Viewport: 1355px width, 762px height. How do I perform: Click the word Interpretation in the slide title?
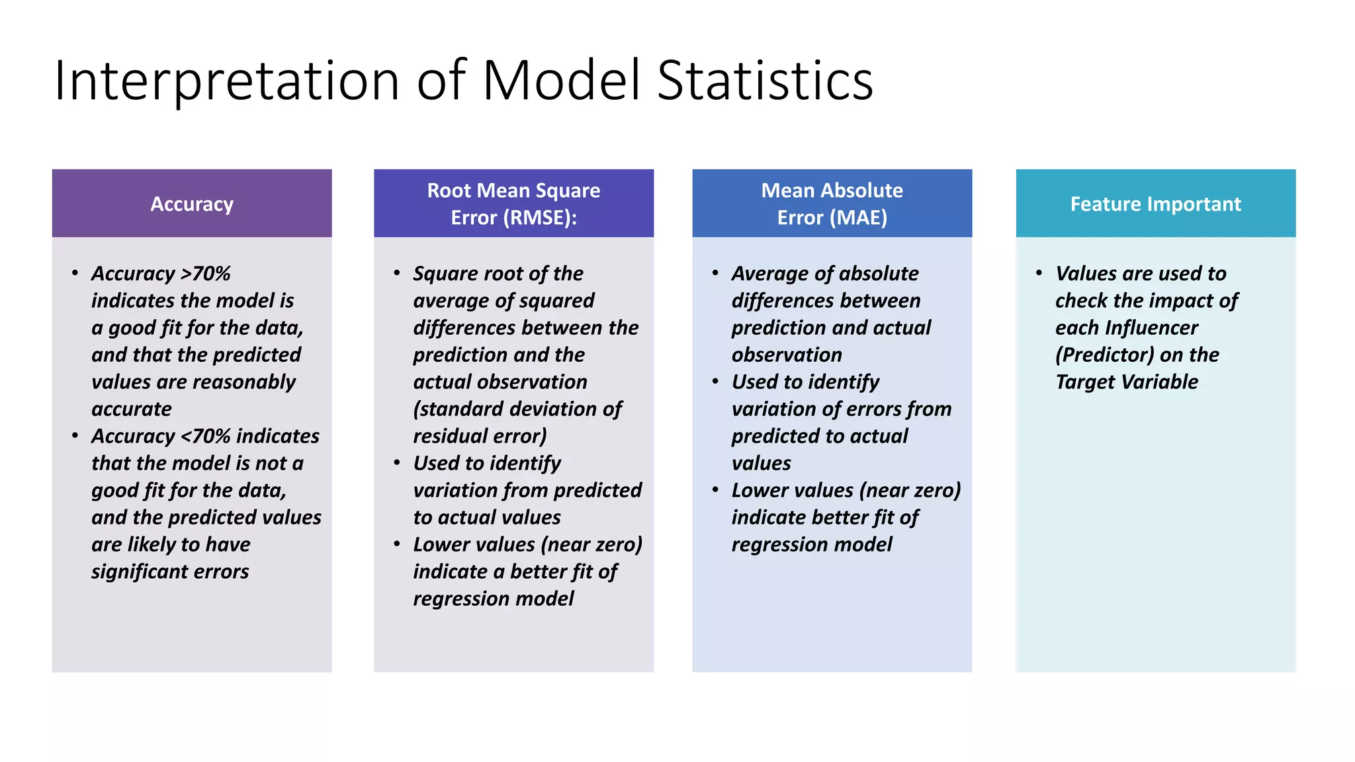click(226, 81)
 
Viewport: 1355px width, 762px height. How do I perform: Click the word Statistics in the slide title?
click(765, 81)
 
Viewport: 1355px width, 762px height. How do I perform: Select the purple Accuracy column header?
click(192, 204)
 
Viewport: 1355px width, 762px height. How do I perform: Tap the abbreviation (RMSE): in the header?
click(540, 218)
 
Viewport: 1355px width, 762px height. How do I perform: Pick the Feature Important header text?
click(1155, 204)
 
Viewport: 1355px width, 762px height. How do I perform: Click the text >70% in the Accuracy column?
click(206, 273)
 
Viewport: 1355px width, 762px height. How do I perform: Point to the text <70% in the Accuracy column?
click(206, 436)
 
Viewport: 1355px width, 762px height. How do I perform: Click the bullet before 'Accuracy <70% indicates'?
click(75, 435)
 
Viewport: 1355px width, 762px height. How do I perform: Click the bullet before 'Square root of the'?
click(396, 273)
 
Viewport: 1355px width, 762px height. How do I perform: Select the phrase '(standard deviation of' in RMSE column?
click(517, 409)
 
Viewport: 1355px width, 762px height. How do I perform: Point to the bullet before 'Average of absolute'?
click(715, 273)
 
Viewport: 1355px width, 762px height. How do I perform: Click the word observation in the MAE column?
click(787, 355)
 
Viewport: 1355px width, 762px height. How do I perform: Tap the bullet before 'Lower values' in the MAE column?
click(715, 489)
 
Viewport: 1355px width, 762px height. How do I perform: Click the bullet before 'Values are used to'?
click(1039, 273)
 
